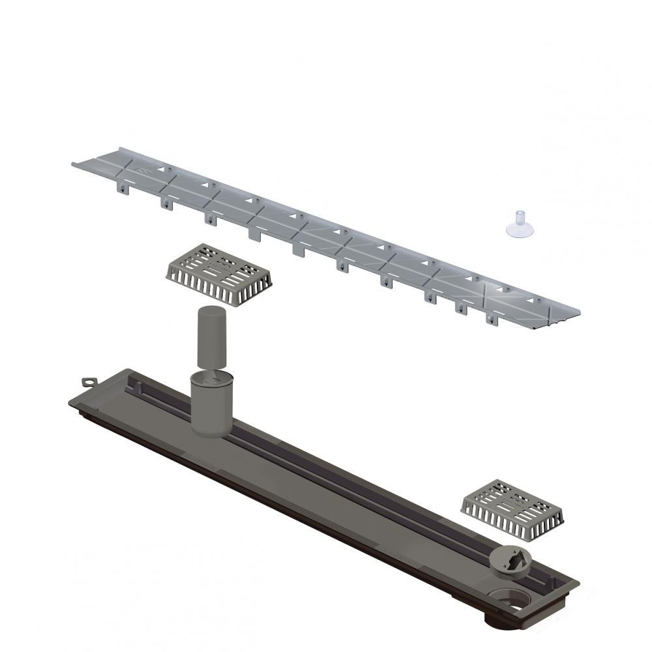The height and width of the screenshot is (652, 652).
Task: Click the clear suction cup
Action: pyautogui.click(x=520, y=224)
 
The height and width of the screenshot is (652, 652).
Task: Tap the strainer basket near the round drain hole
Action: pyautogui.click(x=513, y=509)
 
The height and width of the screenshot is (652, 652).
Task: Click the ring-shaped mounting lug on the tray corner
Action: pyautogui.click(x=87, y=381)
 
